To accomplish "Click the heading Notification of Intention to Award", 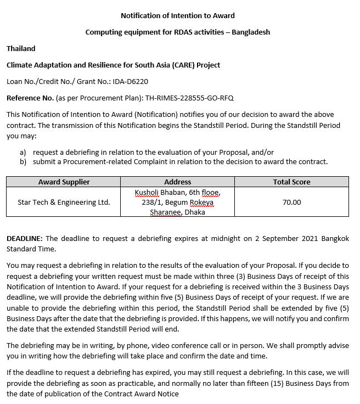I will click(x=177, y=15).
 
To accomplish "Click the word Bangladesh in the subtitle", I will click(x=251, y=32).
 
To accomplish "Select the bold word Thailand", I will click(x=21, y=48).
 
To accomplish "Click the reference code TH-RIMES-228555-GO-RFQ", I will click(x=189, y=98).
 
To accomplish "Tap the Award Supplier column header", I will click(x=64, y=182).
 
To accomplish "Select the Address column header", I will click(x=178, y=182).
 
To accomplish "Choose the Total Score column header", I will click(x=291, y=182).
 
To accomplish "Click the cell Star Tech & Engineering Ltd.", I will click(x=64, y=202).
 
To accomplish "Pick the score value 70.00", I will click(x=291, y=202).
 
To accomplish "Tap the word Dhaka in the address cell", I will click(x=195, y=212).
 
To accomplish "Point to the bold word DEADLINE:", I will click(x=25, y=239).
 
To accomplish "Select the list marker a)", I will click(x=23, y=152).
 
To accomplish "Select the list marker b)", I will click(x=23, y=161).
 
